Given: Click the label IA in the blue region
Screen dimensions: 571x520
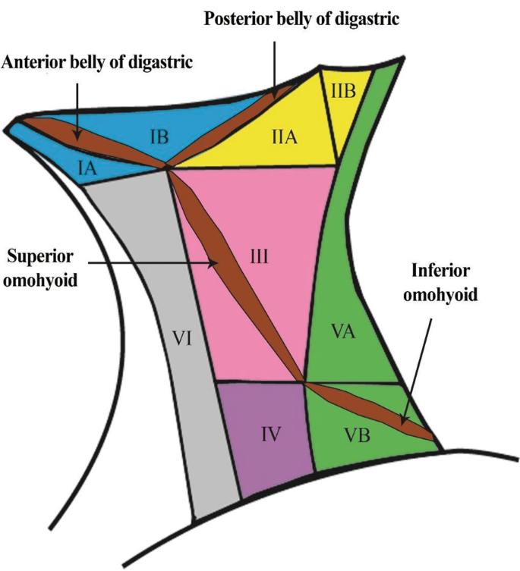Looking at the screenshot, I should tap(87, 168).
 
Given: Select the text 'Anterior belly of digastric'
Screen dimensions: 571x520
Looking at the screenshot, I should tap(98, 62).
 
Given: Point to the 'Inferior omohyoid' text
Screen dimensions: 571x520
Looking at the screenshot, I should tap(444, 282).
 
